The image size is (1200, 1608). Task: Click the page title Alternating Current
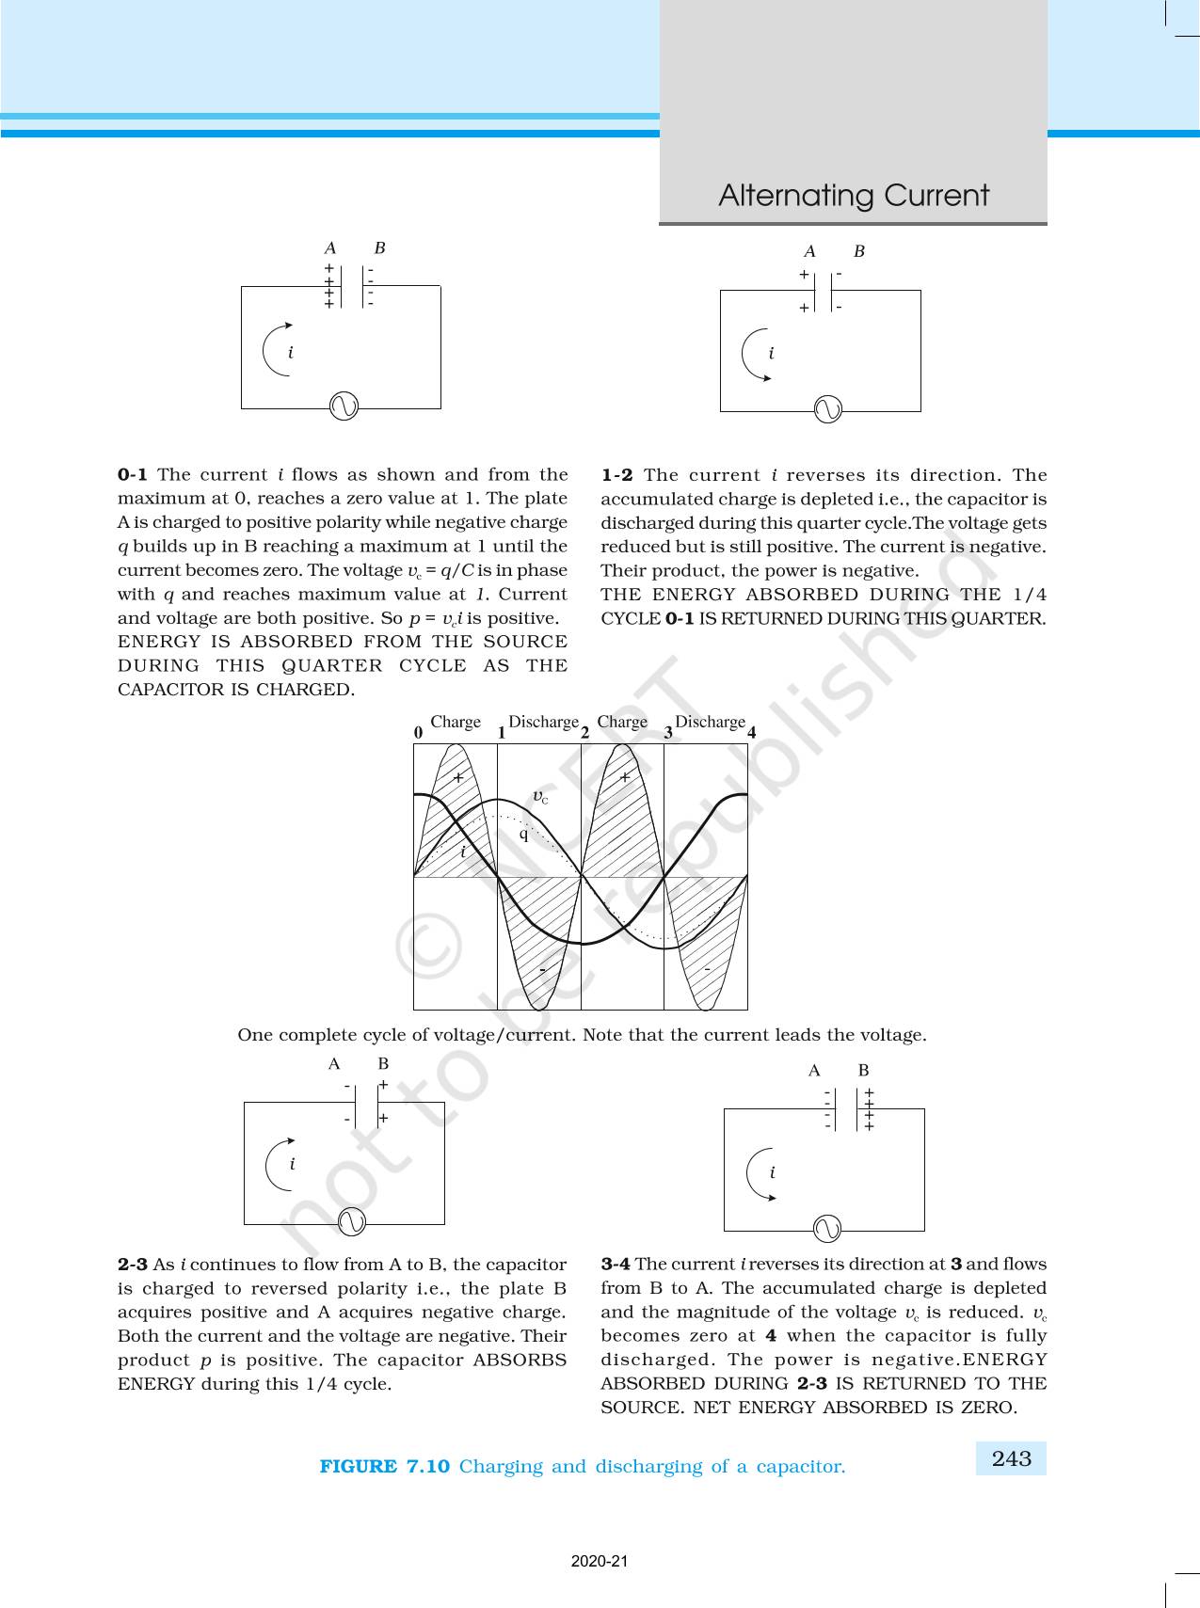pos(853,196)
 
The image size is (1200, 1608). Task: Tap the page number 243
pos(1011,1458)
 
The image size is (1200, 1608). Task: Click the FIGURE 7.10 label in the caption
pos(384,1466)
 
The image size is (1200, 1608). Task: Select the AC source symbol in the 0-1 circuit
pos(344,406)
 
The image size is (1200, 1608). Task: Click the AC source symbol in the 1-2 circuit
pos(827,409)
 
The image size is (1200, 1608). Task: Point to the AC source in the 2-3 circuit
pos(351,1221)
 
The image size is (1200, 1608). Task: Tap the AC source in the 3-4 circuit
pos(826,1229)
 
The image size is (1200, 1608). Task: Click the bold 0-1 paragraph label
pos(132,475)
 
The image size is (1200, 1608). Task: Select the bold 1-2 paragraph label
pos(616,475)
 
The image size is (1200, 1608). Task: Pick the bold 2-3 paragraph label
pos(132,1265)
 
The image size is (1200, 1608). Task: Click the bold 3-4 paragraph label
pos(616,1265)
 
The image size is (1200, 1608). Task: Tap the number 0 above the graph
pos(418,732)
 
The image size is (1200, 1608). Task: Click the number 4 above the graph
pos(751,732)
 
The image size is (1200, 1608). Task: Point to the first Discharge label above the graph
pos(543,722)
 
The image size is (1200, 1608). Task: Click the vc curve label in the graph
pos(540,797)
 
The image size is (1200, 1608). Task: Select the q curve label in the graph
pos(524,834)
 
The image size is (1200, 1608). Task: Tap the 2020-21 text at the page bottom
pos(600,1561)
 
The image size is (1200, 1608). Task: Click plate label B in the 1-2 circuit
pos(858,251)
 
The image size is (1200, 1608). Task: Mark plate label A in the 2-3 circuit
pos(334,1064)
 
